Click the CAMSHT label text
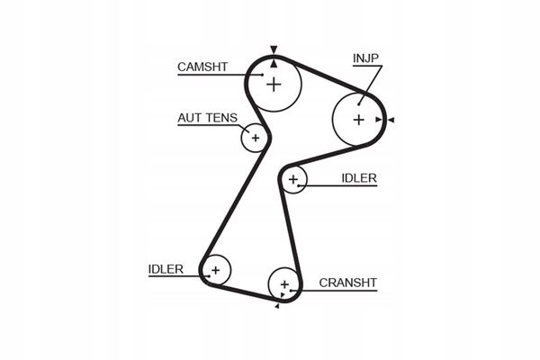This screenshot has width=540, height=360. tap(202, 67)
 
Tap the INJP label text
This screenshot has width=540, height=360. tap(365, 58)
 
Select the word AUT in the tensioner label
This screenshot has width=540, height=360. tap(189, 118)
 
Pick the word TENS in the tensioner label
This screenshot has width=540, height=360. tap(220, 118)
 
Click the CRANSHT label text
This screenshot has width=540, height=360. tap(347, 283)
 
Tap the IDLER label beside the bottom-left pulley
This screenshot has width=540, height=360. tap(166, 269)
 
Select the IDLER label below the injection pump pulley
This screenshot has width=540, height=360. tap(359, 178)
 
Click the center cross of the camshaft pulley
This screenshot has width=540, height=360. tap(274, 84)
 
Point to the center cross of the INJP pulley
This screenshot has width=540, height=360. tap(359, 120)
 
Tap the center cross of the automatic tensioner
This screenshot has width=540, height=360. tap(256, 138)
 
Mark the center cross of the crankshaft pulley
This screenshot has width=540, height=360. tap(284, 284)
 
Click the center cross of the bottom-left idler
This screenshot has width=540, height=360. tap(216, 270)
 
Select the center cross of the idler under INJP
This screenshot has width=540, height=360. tap(293, 179)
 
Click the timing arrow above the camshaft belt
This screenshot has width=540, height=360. tap(274, 49)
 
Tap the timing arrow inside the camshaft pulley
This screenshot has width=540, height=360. tap(274, 63)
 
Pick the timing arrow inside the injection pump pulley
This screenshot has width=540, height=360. tap(379, 120)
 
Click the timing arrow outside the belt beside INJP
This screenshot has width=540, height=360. tap(391, 120)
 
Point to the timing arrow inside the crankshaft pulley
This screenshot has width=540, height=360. tap(283, 295)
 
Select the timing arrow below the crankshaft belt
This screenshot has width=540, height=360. tap(277, 306)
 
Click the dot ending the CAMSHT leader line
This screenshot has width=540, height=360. tap(263, 75)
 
